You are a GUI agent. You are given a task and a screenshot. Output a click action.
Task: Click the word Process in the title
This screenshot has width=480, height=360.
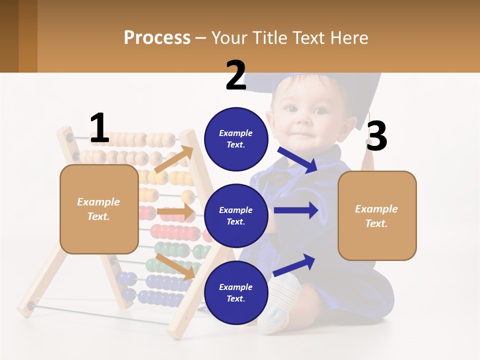pos(157,37)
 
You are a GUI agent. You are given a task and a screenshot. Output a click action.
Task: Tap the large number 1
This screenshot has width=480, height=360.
pos(99,128)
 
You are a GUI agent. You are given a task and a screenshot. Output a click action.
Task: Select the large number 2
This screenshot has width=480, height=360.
pos(235,75)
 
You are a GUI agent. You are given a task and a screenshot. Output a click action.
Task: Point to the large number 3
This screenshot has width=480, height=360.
pos(376,136)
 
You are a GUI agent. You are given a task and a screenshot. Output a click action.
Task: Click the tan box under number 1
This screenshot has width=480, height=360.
pos(99,209)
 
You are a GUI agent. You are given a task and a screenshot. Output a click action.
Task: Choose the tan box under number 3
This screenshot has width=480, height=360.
pos(377,215)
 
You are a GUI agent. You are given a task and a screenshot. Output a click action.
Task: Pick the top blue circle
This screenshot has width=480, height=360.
pos(236,139)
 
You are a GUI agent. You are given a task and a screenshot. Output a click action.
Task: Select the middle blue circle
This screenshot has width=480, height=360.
pos(236,215)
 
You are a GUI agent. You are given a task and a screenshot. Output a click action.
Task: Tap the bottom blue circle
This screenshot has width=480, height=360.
pos(236,292)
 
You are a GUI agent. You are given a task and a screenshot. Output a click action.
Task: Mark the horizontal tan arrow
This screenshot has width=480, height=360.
pos(175,212)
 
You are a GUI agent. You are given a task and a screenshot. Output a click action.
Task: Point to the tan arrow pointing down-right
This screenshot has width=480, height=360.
pos(175,266)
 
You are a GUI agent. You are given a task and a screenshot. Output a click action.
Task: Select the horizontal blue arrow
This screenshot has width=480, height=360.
pos(296,210)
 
